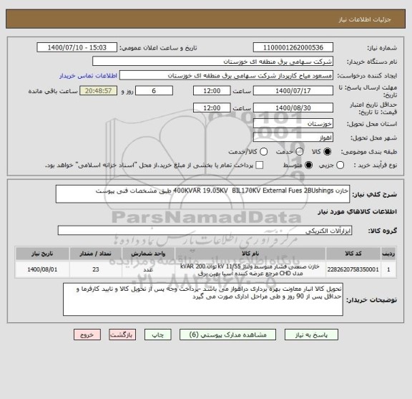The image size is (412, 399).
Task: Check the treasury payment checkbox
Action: point(259,165)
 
